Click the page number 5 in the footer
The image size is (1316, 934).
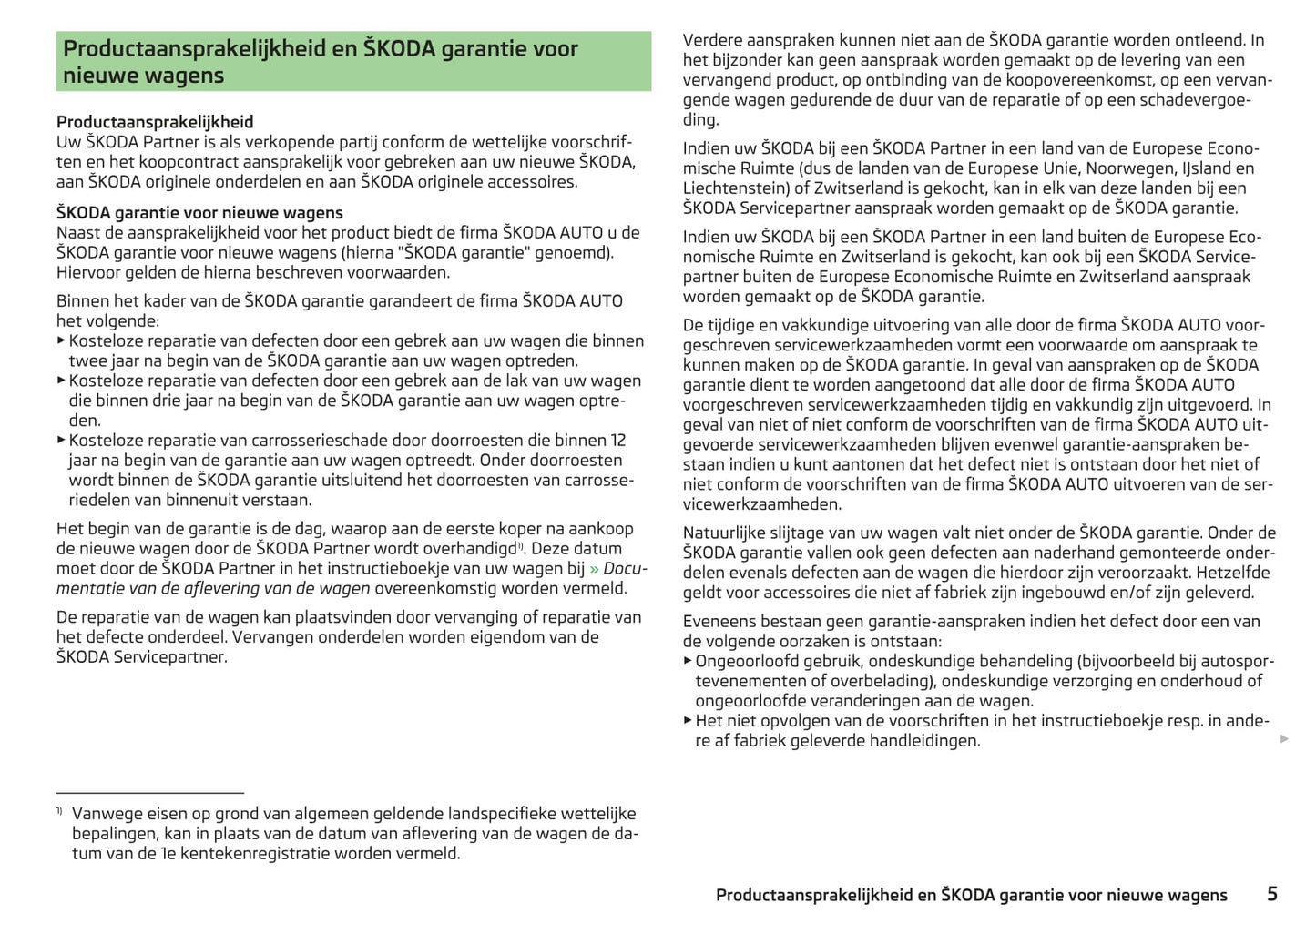(1271, 894)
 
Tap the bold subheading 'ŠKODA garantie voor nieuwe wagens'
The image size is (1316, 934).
(199, 213)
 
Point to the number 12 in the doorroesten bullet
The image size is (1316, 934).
(617, 441)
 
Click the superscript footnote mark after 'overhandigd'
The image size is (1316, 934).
(521, 545)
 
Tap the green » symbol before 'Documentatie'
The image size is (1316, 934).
(594, 569)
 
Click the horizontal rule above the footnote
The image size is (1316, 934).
(150, 793)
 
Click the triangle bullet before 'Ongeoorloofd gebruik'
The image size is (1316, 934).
(688, 661)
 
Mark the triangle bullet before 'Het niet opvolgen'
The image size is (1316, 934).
(688, 720)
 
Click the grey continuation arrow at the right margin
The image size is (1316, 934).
(1284, 738)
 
